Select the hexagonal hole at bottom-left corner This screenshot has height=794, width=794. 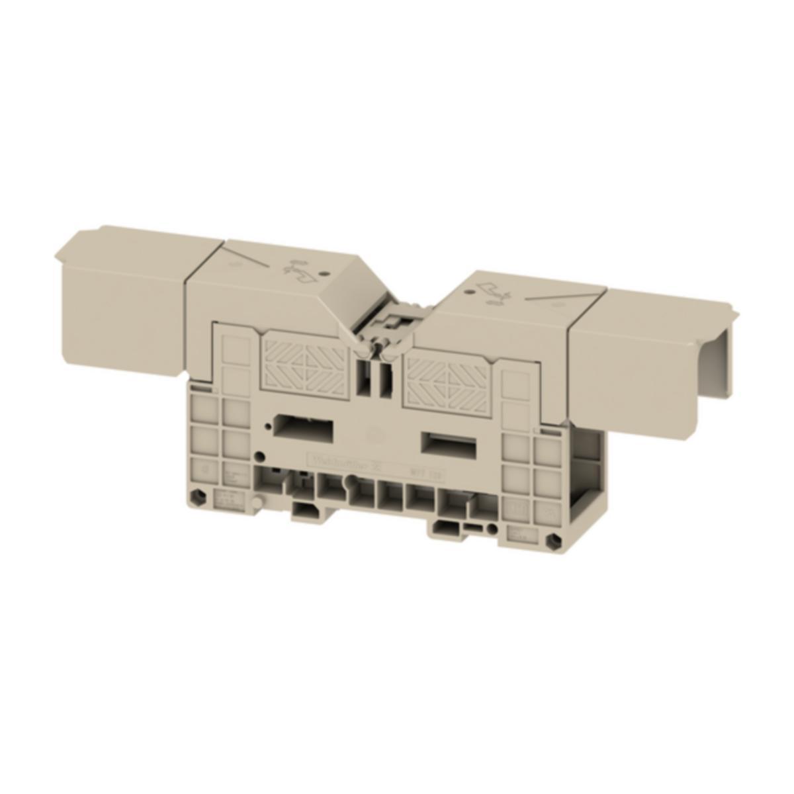tap(202, 497)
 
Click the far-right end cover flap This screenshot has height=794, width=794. tap(652, 361)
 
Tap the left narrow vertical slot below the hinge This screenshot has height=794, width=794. tap(361, 377)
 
